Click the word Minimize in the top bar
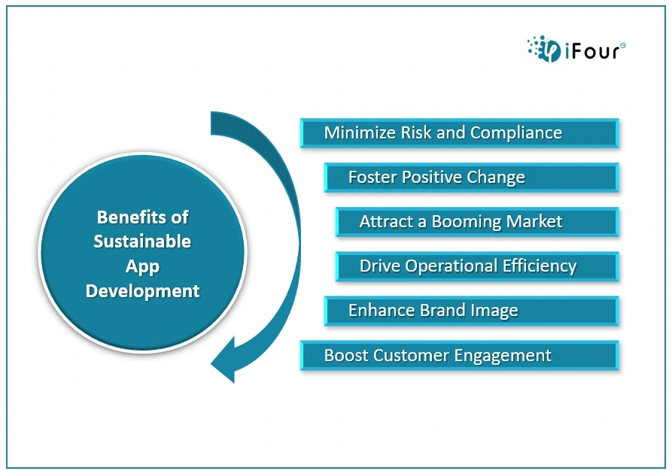360,132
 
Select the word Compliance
516,133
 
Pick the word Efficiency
540,266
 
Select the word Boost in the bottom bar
346,355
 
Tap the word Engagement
503,356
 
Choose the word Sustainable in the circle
142,242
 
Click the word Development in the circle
142,291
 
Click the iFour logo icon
544,49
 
